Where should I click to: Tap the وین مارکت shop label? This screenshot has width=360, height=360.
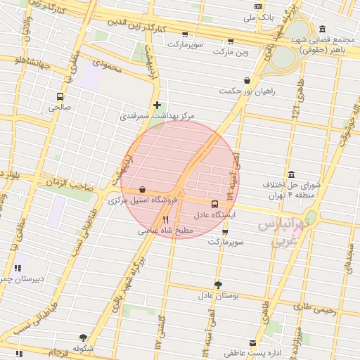pyautogui.click(x=232, y=52)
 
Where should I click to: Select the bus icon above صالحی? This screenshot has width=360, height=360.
pyautogui.click(x=59, y=96)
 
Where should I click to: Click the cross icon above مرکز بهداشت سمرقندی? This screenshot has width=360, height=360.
pyautogui.click(x=157, y=105)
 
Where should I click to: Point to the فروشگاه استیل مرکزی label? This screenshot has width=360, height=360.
pyautogui.click(x=145, y=200)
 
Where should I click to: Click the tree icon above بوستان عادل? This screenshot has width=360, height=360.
pyautogui.click(x=218, y=284)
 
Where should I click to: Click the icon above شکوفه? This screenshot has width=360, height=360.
pyautogui.click(x=83, y=337)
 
